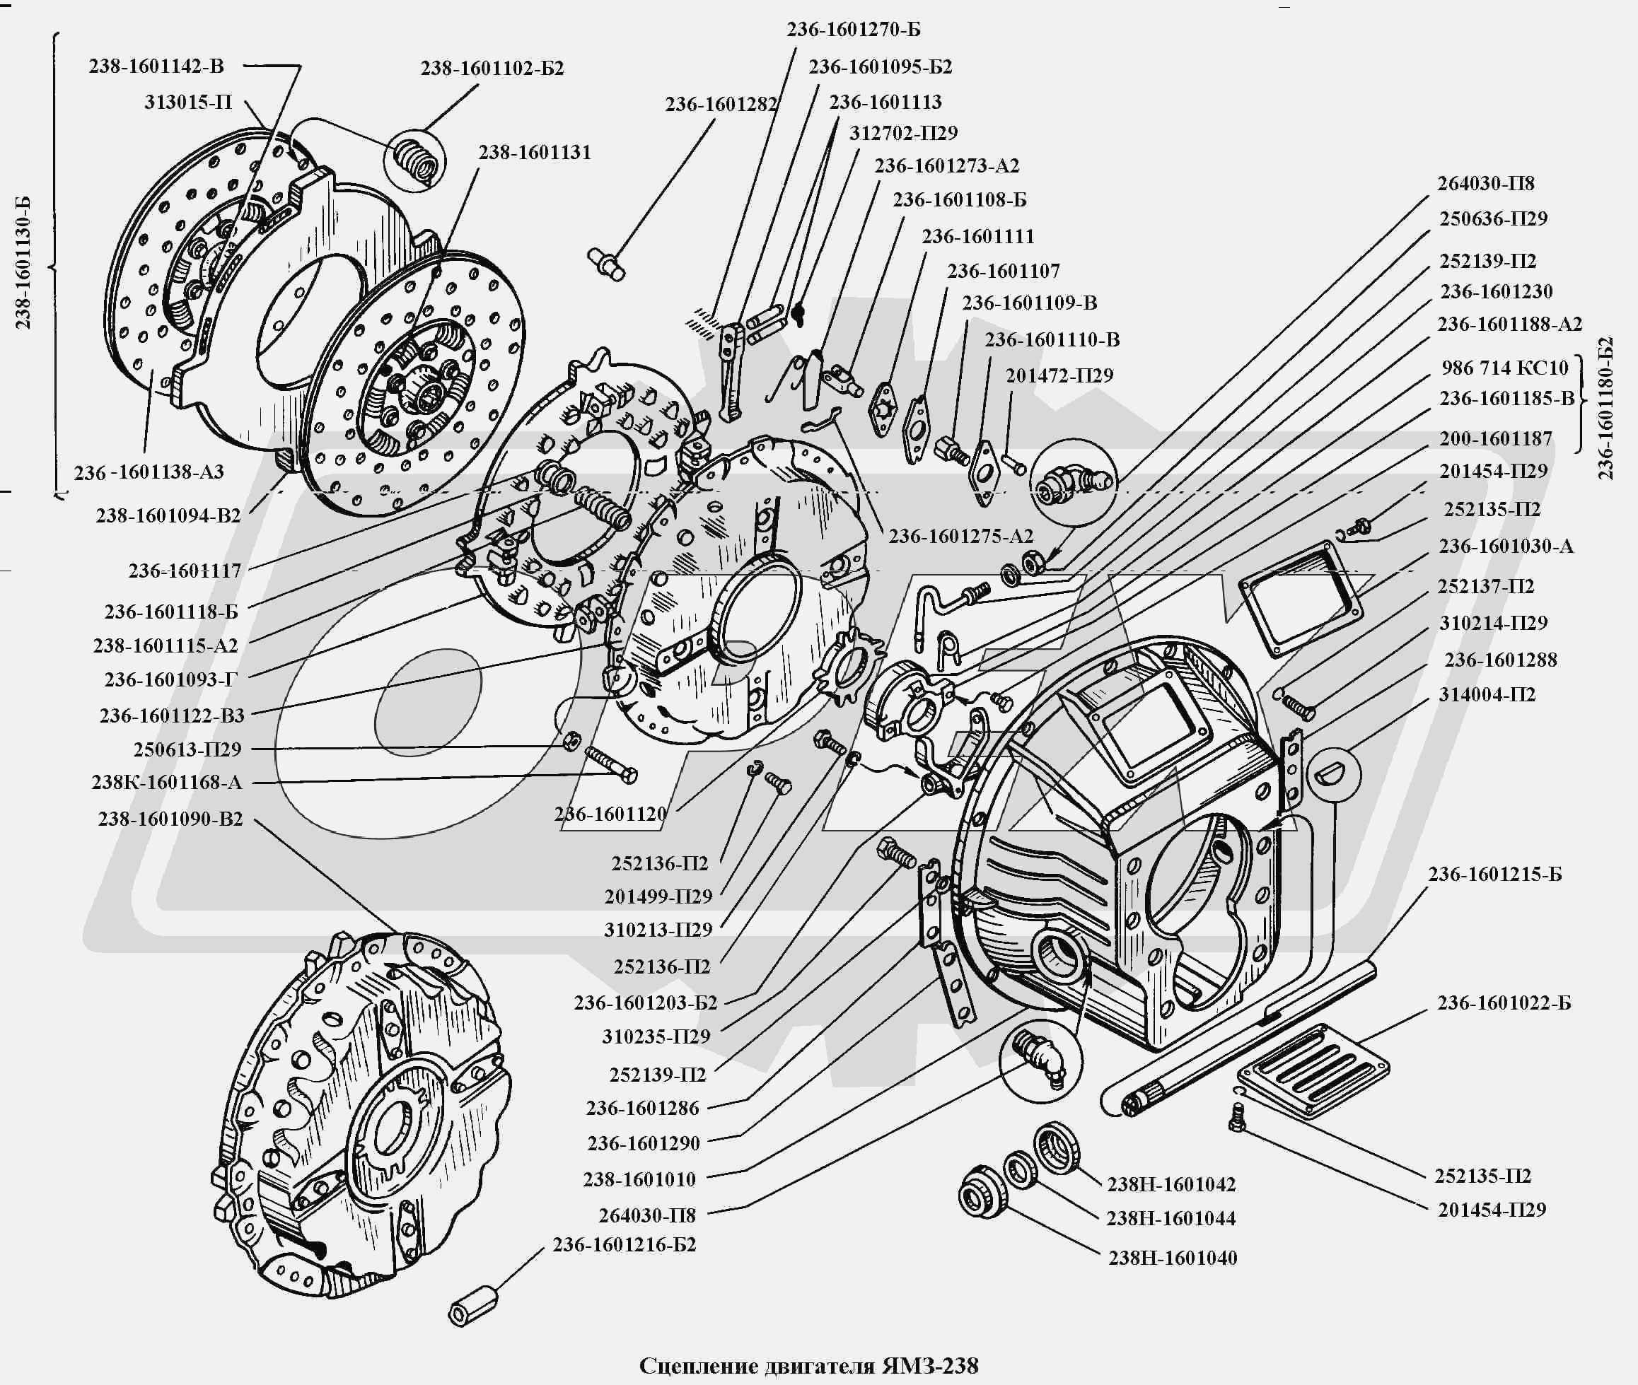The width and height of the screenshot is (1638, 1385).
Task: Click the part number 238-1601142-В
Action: (156, 66)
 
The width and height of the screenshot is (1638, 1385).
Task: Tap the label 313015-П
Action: (187, 102)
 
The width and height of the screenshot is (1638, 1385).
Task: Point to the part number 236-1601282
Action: (721, 105)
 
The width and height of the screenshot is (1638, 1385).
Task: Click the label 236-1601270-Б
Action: (854, 30)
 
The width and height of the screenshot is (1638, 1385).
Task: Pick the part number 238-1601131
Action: (535, 152)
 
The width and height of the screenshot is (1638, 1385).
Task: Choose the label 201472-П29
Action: (1059, 376)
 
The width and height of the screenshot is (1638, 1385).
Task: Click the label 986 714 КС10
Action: (1504, 368)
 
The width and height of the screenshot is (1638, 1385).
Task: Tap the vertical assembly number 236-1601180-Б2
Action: (1605, 407)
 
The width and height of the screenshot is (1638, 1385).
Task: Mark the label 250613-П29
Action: (187, 749)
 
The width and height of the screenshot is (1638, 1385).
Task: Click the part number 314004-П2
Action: (1487, 694)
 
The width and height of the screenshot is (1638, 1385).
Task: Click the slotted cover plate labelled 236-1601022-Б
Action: (1312, 1070)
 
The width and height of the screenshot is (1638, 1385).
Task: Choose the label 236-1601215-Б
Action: (1494, 875)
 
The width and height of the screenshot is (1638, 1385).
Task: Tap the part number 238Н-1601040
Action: (1173, 1258)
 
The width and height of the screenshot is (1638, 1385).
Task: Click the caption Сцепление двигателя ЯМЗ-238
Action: (809, 1366)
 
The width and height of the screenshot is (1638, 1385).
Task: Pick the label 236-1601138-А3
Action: (149, 472)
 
